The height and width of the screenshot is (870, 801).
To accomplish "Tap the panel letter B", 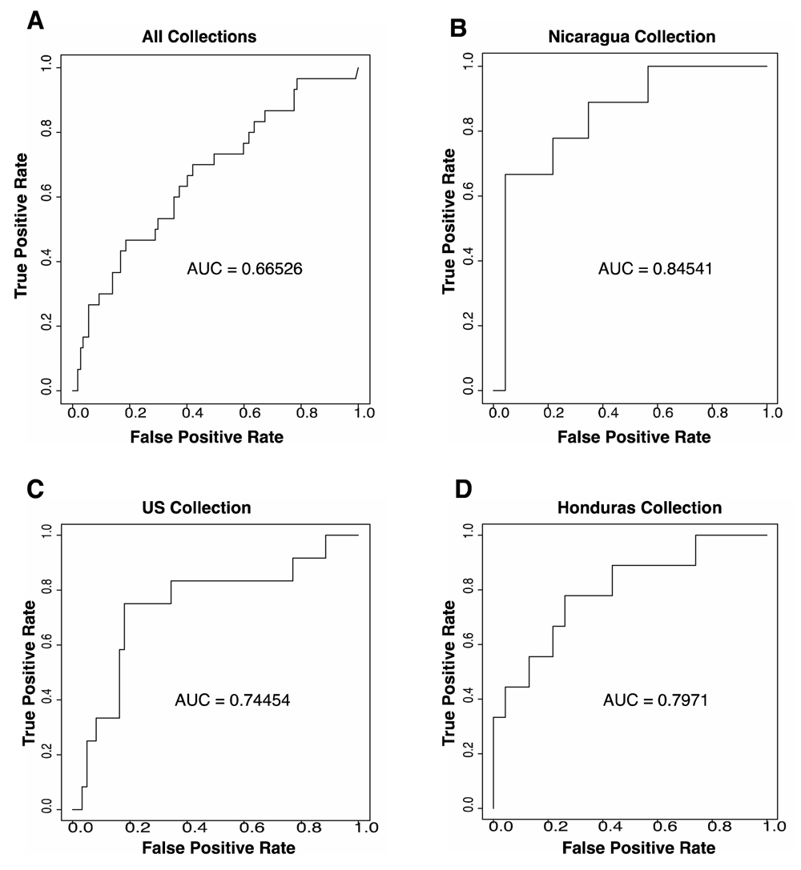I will [458, 28].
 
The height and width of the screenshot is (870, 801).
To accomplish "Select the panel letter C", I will [35, 488].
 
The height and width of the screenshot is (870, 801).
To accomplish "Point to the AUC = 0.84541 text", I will [655, 269].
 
